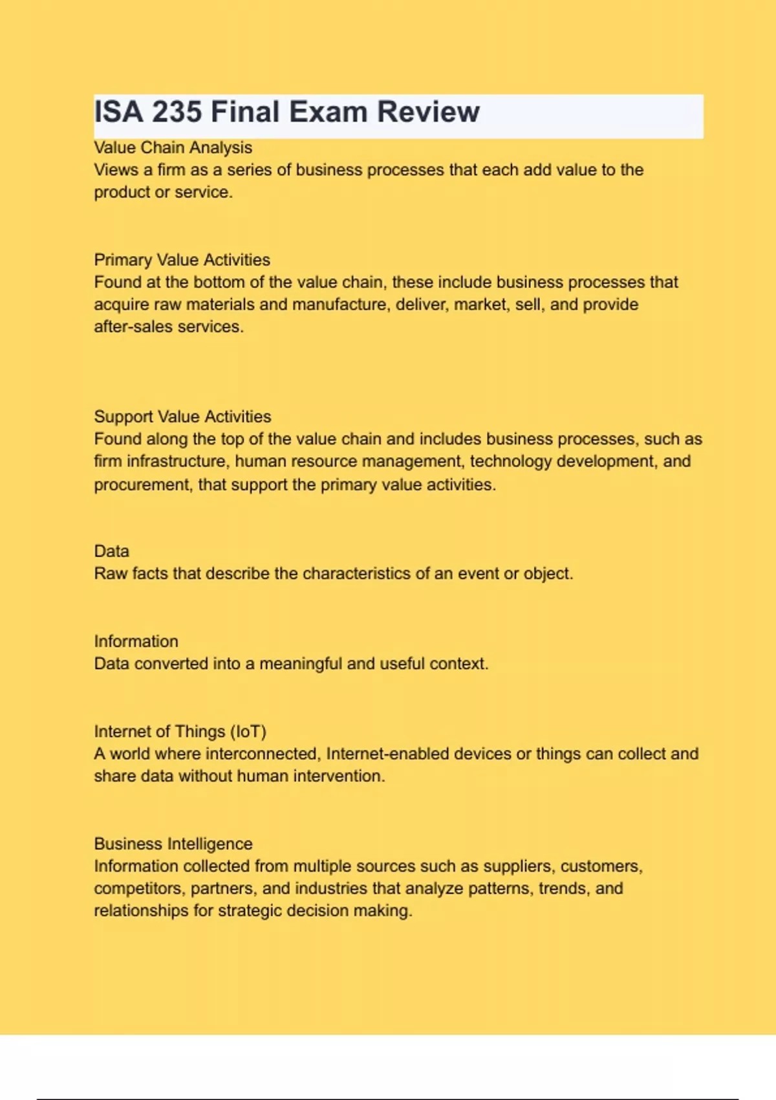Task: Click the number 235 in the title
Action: coord(177,112)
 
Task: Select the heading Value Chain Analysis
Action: coord(173,148)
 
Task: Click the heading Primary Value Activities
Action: coord(182,259)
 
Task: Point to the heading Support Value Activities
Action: coord(182,416)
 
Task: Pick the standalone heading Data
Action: coord(111,551)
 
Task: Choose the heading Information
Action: coord(136,641)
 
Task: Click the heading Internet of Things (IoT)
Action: coord(180,731)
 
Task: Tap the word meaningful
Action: coord(300,664)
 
